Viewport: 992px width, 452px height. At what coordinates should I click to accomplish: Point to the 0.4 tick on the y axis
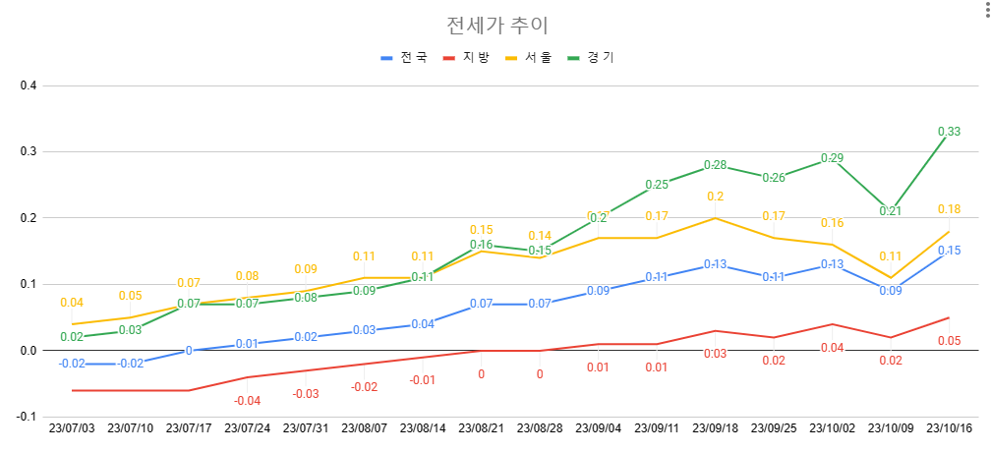[x=29, y=85]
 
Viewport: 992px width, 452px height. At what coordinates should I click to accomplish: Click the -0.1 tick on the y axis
[x=27, y=417]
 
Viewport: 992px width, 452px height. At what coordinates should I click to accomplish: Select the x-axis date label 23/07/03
[x=72, y=429]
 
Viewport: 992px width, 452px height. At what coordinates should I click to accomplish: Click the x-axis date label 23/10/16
[x=949, y=429]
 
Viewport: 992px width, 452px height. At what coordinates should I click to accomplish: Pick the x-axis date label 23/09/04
[x=598, y=429]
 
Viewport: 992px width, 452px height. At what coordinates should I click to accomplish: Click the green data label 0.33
[x=949, y=131]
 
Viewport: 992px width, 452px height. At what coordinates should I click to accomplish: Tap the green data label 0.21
[x=891, y=211]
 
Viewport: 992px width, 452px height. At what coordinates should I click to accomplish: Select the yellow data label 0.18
[x=949, y=209]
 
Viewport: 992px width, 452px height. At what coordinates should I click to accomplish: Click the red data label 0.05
[x=949, y=341]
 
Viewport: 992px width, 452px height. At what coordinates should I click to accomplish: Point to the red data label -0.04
[x=247, y=400]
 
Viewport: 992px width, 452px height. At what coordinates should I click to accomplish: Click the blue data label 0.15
[x=949, y=251]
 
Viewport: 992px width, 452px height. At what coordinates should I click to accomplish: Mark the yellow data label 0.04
[x=72, y=303]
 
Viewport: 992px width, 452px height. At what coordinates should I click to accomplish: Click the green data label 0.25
[x=657, y=185]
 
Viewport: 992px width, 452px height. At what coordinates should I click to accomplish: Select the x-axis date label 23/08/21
[x=481, y=429]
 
